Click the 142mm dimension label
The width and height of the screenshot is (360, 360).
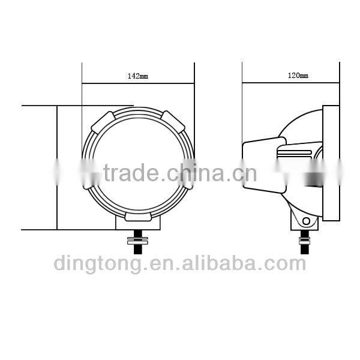pyautogui.click(x=137, y=76)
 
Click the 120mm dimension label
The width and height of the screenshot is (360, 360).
pyautogui.click(x=298, y=76)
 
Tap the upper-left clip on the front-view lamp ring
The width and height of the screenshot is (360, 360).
pyautogui.click(x=103, y=122)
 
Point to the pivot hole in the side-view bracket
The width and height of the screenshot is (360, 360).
pyautogui.click(x=307, y=221)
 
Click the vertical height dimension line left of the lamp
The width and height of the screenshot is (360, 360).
pyautogui.click(x=56, y=168)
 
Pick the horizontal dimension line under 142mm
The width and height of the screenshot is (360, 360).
pyautogui.click(x=138, y=83)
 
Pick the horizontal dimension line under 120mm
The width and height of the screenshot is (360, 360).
pyautogui.click(x=291, y=83)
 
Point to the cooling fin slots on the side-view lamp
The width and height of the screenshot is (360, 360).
pyautogui.click(x=294, y=154)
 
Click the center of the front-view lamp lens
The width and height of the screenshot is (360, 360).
pyautogui.click(x=139, y=162)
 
